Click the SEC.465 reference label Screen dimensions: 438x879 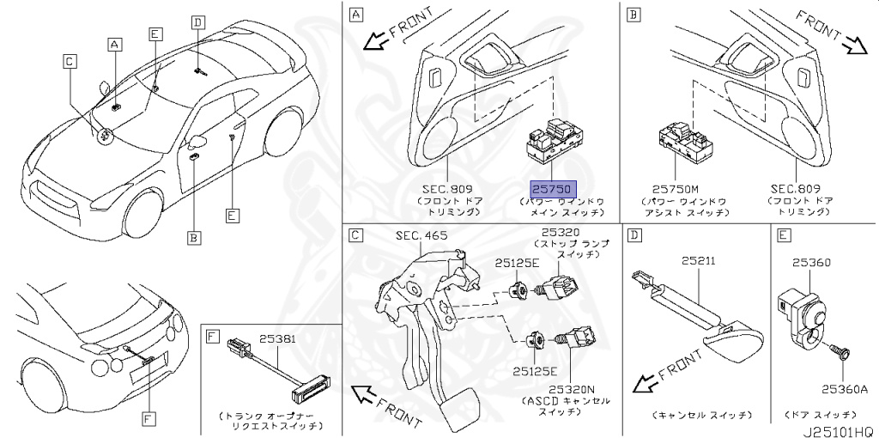421,235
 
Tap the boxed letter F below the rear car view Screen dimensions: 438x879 149,418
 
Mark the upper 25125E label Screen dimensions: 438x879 516,264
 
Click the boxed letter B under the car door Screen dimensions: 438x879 194,236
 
